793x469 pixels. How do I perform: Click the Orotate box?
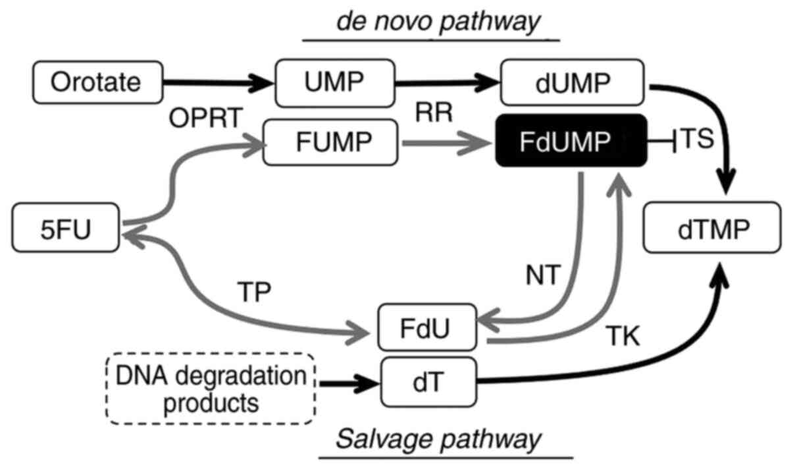[96, 84]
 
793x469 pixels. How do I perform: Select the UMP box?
[334, 84]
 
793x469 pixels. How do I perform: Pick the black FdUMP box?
[569, 141]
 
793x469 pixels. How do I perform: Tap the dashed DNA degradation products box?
[211, 389]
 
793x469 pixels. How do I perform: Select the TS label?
[697, 141]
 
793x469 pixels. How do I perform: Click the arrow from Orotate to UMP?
[218, 84]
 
